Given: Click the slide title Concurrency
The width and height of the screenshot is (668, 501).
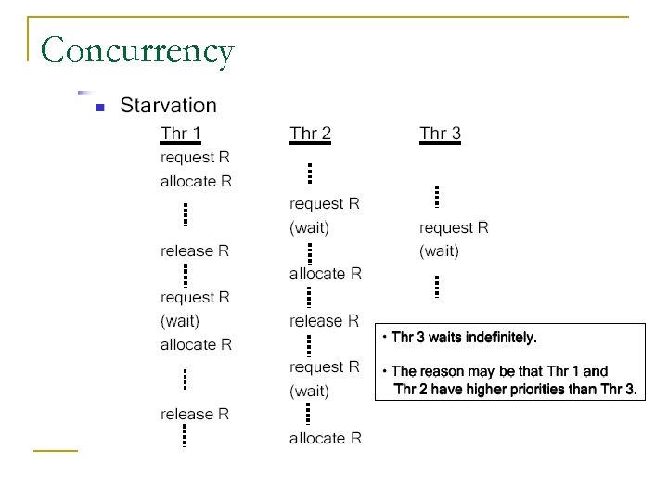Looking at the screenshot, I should (137, 50).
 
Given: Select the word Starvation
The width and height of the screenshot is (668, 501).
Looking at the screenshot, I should (168, 106).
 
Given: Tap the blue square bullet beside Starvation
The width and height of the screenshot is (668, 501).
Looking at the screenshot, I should (99, 108).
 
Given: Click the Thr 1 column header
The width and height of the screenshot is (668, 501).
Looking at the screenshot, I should (181, 134).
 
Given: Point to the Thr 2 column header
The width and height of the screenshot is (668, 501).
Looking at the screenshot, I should (310, 134).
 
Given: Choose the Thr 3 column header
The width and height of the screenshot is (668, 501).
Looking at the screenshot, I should (440, 134).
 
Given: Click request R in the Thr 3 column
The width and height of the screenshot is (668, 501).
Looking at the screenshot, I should (454, 227).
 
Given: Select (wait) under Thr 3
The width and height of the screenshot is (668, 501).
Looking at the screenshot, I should (439, 250).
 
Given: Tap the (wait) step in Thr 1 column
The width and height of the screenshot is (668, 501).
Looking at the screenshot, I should (180, 321).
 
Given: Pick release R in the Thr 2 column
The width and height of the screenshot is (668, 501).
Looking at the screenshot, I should (324, 321).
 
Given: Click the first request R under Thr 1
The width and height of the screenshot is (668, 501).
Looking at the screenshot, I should (195, 158).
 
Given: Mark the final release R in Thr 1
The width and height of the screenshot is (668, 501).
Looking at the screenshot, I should (195, 414).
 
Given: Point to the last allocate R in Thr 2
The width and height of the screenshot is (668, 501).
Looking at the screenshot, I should (325, 438).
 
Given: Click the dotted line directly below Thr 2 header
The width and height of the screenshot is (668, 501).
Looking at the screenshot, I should (309, 174).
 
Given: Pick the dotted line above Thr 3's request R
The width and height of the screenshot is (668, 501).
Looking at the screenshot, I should (436, 197).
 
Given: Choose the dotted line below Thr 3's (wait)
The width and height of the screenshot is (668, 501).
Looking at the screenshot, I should (436, 286).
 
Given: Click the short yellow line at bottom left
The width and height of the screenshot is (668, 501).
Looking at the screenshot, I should (55, 451).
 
